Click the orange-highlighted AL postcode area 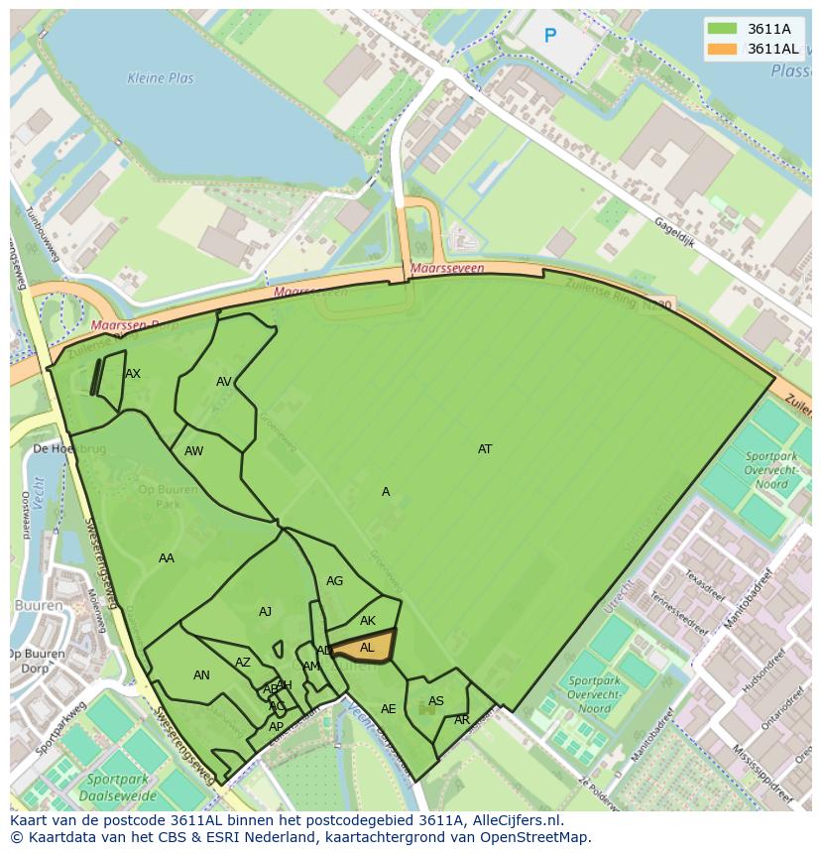point(365,647)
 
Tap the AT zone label point(485,449)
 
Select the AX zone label point(133,374)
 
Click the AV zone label point(224,382)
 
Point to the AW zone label point(194,451)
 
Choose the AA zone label point(167,558)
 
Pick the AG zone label point(335,581)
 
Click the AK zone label point(368,622)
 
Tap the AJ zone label point(265,612)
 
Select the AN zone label point(201,675)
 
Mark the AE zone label point(389,709)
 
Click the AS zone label point(436,701)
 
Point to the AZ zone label point(243,663)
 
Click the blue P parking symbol point(550,37)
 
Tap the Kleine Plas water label point(161,78)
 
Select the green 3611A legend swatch point(722,29)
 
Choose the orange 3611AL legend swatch point(722,49)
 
